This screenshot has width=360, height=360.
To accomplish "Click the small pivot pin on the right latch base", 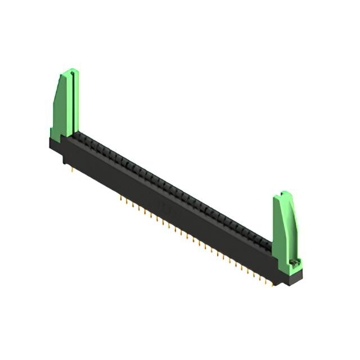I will click(x=293, y=263).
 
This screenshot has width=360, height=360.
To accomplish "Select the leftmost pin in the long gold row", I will click(x=120, y=198).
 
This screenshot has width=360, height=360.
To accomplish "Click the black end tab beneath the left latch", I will click(x=56, y=145).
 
